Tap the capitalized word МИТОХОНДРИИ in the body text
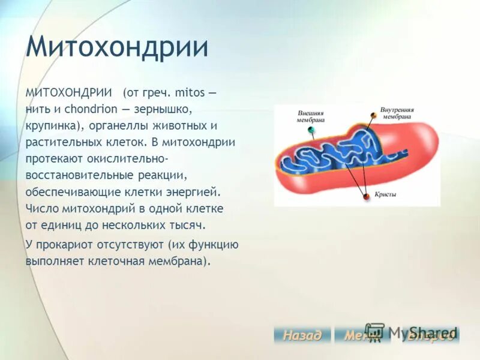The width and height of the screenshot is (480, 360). (x=69, y=94)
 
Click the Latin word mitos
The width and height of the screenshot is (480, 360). (x=189, y=94)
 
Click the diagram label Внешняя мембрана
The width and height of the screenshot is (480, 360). (x=310, y=116)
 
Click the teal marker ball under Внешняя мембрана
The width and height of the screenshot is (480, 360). (x=311, y=130)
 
